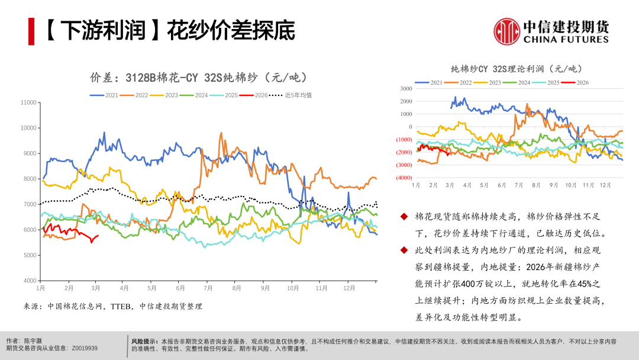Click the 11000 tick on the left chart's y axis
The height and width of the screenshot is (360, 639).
[28, 102]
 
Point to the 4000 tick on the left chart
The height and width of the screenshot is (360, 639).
[30, 281]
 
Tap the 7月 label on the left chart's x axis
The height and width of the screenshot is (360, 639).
[208, 288]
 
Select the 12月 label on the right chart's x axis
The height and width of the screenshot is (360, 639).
[605, 185]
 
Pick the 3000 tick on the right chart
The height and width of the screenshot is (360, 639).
[405, 89]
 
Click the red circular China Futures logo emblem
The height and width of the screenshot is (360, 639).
[506, 31]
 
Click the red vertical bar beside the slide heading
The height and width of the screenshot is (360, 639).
[31, 31]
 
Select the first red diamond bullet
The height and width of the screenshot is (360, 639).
[404, 217]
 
